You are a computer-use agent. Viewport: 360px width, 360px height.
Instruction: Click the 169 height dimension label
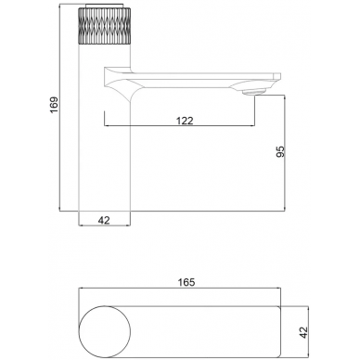click(x=54, y=105)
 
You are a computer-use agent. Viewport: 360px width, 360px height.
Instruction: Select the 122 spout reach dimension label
click(x=185, y=121)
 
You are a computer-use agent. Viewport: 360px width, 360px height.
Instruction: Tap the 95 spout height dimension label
click(x=280, y=151)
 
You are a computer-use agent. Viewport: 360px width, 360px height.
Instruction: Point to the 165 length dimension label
click(x=186, y=282)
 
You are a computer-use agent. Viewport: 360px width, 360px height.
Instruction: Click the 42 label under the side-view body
click(x=104, y=220)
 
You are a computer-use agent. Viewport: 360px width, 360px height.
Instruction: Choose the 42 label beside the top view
click(x=304, y=332)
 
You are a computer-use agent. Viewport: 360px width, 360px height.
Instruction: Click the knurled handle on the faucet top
click(x=104, y=26)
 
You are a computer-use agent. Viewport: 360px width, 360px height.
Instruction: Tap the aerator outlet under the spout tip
click(x=255, y=91)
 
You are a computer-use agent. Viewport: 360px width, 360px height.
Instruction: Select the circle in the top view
click(x=105, y=332)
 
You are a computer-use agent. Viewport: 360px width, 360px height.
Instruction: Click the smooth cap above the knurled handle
click(x=104, y=6)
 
